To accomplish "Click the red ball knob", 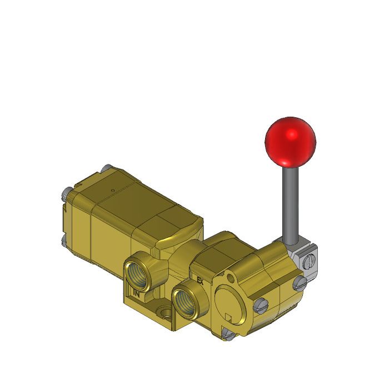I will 290,141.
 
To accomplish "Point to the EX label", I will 201,281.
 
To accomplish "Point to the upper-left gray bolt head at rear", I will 64,194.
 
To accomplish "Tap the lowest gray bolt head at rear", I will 63,242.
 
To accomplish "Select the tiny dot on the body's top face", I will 113,191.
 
